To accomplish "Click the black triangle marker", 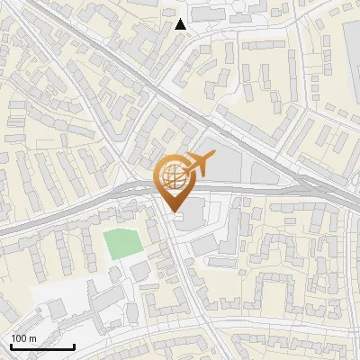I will click(181, 24).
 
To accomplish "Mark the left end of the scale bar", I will click(11, 346).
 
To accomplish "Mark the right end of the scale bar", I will click(74, 346).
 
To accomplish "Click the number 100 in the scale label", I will click(19, 338).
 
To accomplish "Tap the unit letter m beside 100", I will click(32, 338).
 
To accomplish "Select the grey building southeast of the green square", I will click(139, 270).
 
